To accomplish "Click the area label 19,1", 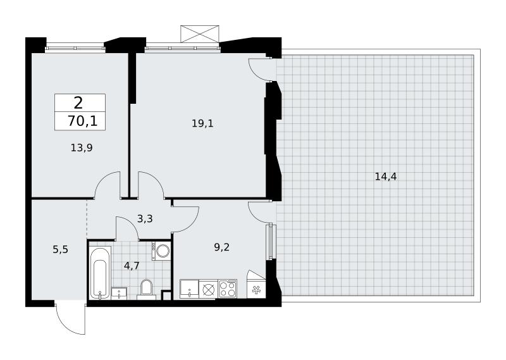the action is (202, 123).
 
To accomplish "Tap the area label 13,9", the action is (82, 148).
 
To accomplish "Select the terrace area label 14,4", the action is (386, 177).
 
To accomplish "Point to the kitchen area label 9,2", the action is (222, 247).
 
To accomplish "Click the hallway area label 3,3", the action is (145, 219).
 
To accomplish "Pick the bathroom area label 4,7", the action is (132, 266).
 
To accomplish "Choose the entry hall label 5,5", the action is (60, 249).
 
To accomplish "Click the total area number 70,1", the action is (83, 121).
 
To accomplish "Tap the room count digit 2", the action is (78, 103).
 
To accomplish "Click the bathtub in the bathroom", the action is (101, 273).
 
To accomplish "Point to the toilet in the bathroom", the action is (146, 288).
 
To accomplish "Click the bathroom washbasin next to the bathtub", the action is (119, 294).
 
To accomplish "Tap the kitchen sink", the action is (189, 289).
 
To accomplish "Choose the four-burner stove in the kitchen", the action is (228, 289).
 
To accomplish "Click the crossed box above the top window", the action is (200, 34).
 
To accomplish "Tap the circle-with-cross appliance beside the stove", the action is (209, 289).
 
